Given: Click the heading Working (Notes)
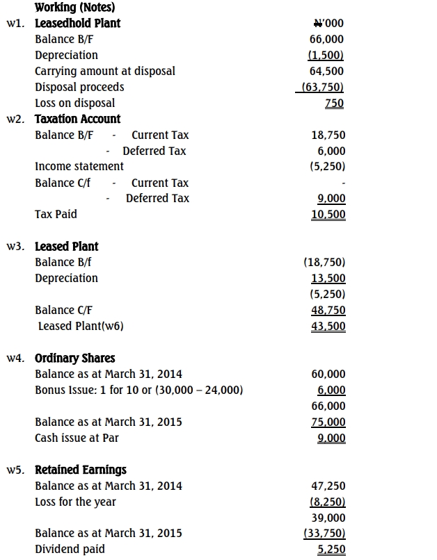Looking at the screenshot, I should coord(74,8).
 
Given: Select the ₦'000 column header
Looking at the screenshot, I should coord(328,24).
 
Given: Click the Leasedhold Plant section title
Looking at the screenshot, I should coord(77,23).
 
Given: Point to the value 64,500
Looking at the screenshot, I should coord(327,71).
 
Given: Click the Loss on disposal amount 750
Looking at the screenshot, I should coord(334,103).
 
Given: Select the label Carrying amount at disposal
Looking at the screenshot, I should coord(105,71).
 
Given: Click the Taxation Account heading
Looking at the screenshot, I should coord(77,119).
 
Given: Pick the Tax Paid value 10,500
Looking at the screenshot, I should coord(328,215).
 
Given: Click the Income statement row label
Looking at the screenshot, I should coord(79,166).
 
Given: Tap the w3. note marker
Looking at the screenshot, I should coord(17,247).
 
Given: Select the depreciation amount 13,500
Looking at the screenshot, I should coord(328,279).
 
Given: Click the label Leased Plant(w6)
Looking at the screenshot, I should coord(81,326).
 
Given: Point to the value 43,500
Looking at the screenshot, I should coord(328,327).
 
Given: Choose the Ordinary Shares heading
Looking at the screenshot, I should coord(74,359).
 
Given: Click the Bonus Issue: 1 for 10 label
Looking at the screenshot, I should coord(139,390).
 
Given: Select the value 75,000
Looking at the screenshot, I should coord(328,422).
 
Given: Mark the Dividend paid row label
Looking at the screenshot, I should coord(70,549).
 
